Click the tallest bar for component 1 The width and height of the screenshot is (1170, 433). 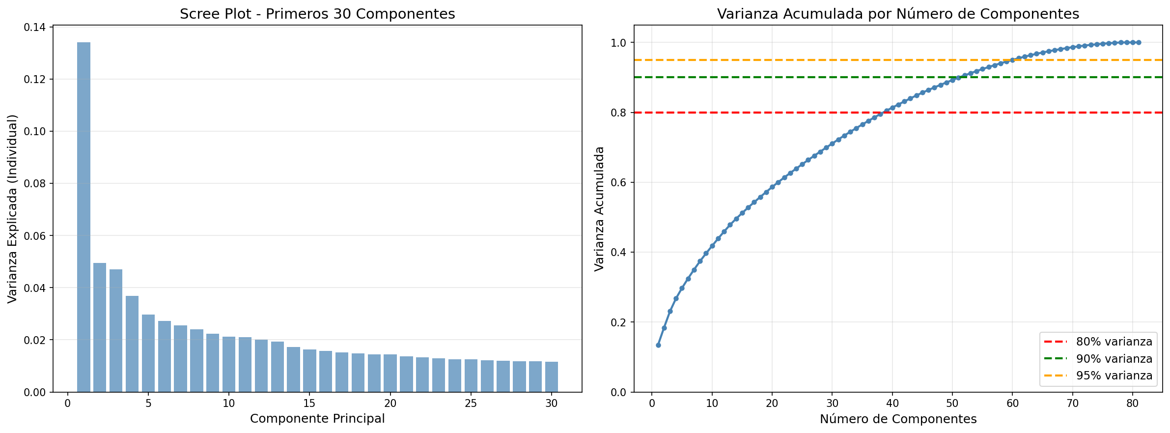(x=84, y=216)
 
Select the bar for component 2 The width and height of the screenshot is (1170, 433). (x=100, y=327)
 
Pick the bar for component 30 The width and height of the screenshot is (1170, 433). (x=552, y=377)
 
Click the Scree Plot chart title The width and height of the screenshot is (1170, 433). (x=317, y=14)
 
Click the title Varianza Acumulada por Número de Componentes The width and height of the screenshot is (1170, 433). (x=898, y=14)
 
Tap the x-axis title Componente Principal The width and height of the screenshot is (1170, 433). (x=317, y=419)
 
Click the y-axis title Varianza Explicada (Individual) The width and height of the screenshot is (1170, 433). (x=13, y=209)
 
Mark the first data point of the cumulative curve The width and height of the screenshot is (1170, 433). (x=658, y=345)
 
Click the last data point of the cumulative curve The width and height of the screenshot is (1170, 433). (x=1139, y=43)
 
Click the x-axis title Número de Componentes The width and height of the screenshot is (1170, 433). (x=898, y=419)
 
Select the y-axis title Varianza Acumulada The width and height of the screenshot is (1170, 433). (x=599, y=209)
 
